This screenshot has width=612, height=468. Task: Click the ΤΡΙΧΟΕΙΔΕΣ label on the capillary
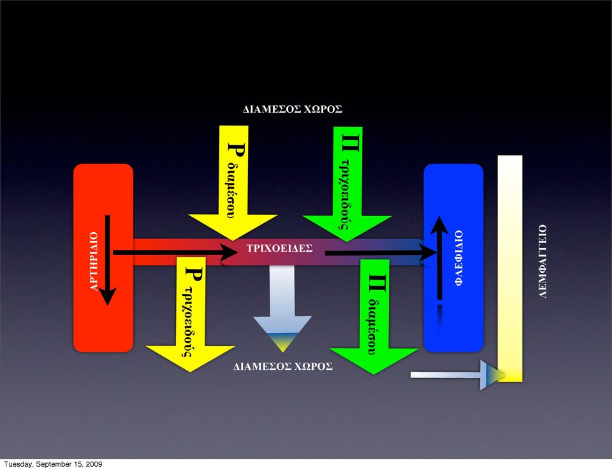pos(279,248)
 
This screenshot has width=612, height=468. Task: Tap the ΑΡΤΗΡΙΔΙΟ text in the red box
pos(94,261)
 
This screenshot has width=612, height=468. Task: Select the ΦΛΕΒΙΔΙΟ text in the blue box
pos(459,258)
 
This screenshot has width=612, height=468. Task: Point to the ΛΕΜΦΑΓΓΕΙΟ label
pos(543,261)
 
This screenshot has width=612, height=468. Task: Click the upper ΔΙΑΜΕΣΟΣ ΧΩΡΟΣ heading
pos(293,109)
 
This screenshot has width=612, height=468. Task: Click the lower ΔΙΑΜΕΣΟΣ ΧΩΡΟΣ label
pos(283,367)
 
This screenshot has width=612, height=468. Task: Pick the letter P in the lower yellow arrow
pos(194,274)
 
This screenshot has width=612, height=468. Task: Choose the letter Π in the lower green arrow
pos(377,283)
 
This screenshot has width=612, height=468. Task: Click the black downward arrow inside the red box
pos(107,260)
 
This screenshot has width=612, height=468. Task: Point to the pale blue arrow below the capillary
pos(282,309)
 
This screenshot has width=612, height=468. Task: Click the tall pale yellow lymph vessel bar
pos(510,268)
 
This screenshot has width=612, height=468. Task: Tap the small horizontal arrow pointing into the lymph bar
pos(458,375)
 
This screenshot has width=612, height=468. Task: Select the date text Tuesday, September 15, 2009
pos(53,464)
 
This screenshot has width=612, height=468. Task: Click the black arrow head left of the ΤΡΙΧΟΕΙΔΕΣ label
pos(229,253)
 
